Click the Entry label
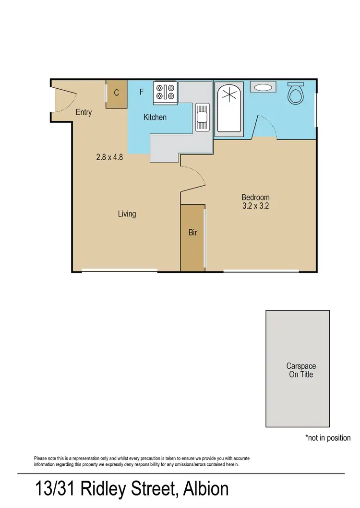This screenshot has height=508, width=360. [84, 112]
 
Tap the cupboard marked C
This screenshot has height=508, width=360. [117, 94]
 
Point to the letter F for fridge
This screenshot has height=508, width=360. [142, 92]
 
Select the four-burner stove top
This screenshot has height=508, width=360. [165, 92]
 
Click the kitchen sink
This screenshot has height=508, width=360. [201, 117]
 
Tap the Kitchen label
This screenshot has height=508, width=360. [155, 117]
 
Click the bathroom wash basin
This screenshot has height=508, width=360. [263, 88]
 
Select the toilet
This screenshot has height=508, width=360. [296, 93]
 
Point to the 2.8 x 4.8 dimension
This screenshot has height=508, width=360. [109, 156]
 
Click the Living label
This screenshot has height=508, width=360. [127, 214]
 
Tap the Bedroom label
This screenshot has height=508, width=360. [255, 197]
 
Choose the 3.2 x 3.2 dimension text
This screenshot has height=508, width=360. [255, 206]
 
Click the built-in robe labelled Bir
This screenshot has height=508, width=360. [192, 233]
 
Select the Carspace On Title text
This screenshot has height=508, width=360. [301, 370]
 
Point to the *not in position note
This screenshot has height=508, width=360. [328, 438]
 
